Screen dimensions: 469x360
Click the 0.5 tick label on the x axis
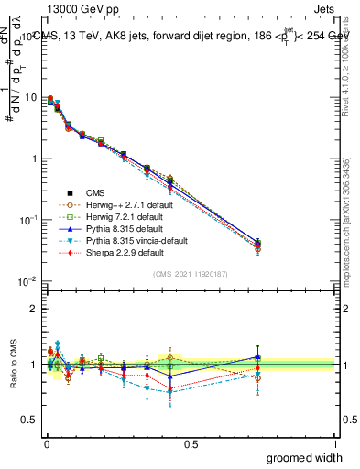pyautogui.click(x=191, y=443)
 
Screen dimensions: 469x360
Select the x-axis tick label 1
pyautogui.click(x=335, y=443)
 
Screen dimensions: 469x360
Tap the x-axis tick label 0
pyautogui.click(x=45, y=443)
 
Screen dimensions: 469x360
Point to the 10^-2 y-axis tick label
pyautogui.click(x=27, y=280)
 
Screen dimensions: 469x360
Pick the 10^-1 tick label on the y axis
pyautogui.click(x=27, y=220)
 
